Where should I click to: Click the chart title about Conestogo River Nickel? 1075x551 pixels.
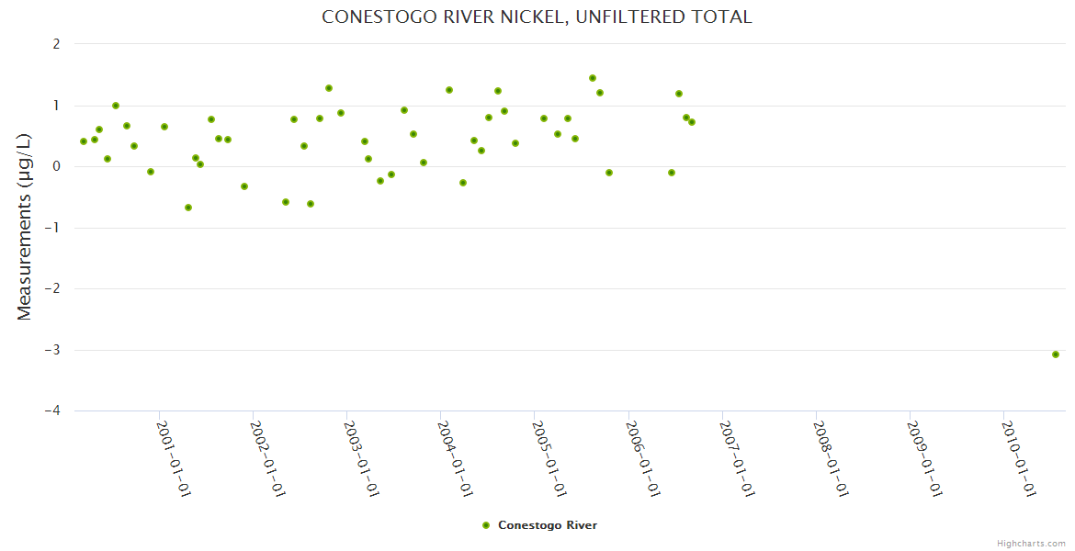(x=537, y=17)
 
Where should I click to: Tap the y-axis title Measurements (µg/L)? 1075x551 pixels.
(x=25, y=227)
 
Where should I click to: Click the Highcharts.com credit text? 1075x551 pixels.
(x=1031, y=543)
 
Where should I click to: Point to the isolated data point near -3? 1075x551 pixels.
(x=1056, y=354)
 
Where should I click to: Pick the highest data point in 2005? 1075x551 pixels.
(x=593, y=78)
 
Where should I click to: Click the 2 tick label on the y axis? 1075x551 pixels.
(x=57, y=43)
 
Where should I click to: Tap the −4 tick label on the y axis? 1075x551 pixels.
(x=52, y=411)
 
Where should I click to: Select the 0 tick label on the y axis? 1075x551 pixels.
(x=57, y=166)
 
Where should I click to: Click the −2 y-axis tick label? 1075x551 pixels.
(x=52, y=288)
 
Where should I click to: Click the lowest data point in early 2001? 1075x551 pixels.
(x=188, y=208)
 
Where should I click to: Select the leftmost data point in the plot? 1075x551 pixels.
(x=84, y=141)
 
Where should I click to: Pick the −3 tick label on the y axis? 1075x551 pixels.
(x=52, y=350)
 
